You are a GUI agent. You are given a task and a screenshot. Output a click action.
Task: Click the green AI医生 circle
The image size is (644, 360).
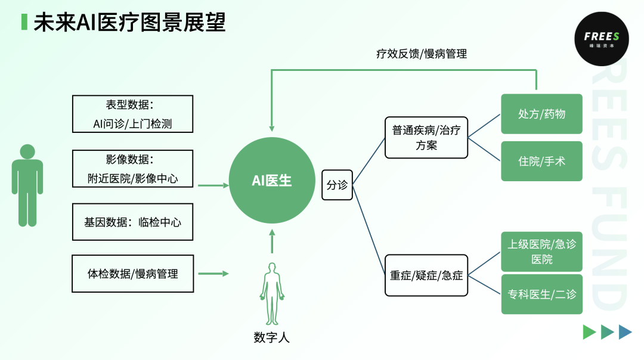pyautogui.click(x=272, y=180)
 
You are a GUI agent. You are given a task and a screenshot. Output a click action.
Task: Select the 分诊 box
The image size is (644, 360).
pyautogui.click(x=337, y=185)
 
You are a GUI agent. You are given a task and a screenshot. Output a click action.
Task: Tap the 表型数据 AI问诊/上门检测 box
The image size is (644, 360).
pyautogui.click(x=132, y=114)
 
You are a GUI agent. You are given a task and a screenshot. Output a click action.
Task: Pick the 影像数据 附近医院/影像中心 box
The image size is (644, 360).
pyautogui.click(x=132, y=168)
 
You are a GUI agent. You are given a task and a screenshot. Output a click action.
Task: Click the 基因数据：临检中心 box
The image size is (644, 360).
pyautogui.click(x=132, y=222)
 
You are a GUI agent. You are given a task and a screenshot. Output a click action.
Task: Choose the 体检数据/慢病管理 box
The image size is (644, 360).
pyautogui.click(x=132, y=274)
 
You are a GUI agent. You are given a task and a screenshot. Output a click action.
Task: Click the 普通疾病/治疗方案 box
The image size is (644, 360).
pyautogui.click(x=426, y=138)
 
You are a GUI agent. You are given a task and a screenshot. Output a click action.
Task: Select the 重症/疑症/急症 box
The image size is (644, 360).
pyautogui.click(x=426, y=276)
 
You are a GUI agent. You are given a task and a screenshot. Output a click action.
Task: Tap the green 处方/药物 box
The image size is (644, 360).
pyautogui.click(x=541, y=114)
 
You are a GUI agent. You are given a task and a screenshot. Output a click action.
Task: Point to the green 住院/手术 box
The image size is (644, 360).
pyautogui.click(x=541, y=161)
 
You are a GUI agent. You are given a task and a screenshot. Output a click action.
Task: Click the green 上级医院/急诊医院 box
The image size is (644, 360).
pyautogui.click(x=541, y=251)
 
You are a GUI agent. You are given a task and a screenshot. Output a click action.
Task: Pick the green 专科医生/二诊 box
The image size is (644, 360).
pyautogui.click(x=541, y=294)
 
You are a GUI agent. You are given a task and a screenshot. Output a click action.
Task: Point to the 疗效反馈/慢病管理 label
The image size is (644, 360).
pyautogui.click(x=421, y=54)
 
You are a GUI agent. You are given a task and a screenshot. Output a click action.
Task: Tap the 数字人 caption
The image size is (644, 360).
pyautogui.click(x=271, y=338)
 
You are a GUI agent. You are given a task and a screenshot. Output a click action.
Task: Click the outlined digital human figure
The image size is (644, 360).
pyautogui.click(x=271, y=293)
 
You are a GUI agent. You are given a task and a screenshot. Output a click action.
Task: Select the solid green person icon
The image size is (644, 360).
pyautogui.click(x=27, y=185)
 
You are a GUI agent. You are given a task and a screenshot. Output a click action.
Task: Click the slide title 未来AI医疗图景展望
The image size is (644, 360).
pyautogui.click(x=129, y=22)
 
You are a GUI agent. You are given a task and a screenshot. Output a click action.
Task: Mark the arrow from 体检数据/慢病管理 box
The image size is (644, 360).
pyautogui.click(x=213, y=274)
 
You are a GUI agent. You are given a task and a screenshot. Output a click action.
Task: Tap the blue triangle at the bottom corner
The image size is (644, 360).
pyautogui.click(x=625, y=332)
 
